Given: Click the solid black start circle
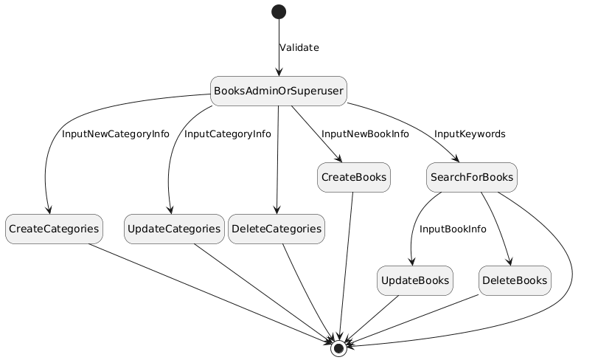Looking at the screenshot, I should pyautogui.click(x=279, y=11).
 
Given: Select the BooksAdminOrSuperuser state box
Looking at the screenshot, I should pyautogui.click(x=279, y=91).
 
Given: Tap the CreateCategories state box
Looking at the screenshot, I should pyautogui.click(x=54, y=229).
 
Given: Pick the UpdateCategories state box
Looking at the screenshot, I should pyautogui.click(x=173, y=229).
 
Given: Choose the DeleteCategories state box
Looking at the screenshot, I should pyautogui.click(x=277, y=229).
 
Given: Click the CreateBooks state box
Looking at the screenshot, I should pyautogui.click(x=354, y=177).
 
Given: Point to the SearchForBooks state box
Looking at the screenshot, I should pyautogui.click(x=471, y=177).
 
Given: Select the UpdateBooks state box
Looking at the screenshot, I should pyautogui.click(x=414, y=280).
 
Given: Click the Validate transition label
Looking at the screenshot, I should pyautogui.click(x=299, y=48).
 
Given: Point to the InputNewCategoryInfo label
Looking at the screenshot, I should pyautogui.click(x=116, y=134).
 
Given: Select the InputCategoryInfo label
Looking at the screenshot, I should pyautogui.click(x=228, y=134).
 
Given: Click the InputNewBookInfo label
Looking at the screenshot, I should pyautogui.click(x=365, y=134).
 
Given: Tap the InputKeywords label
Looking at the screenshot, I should pyautogui.click(x=470, y=134).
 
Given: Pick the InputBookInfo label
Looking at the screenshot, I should pyautogui.click(x=453, y=229).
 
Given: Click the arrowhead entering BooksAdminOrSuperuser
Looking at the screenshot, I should pyautogui.click(x=279, y=72).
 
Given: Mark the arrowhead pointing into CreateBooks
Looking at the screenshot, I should pyautogui.click(x=340, y=160).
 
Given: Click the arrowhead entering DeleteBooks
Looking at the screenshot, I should pyautogui.click(x=509, y=263).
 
